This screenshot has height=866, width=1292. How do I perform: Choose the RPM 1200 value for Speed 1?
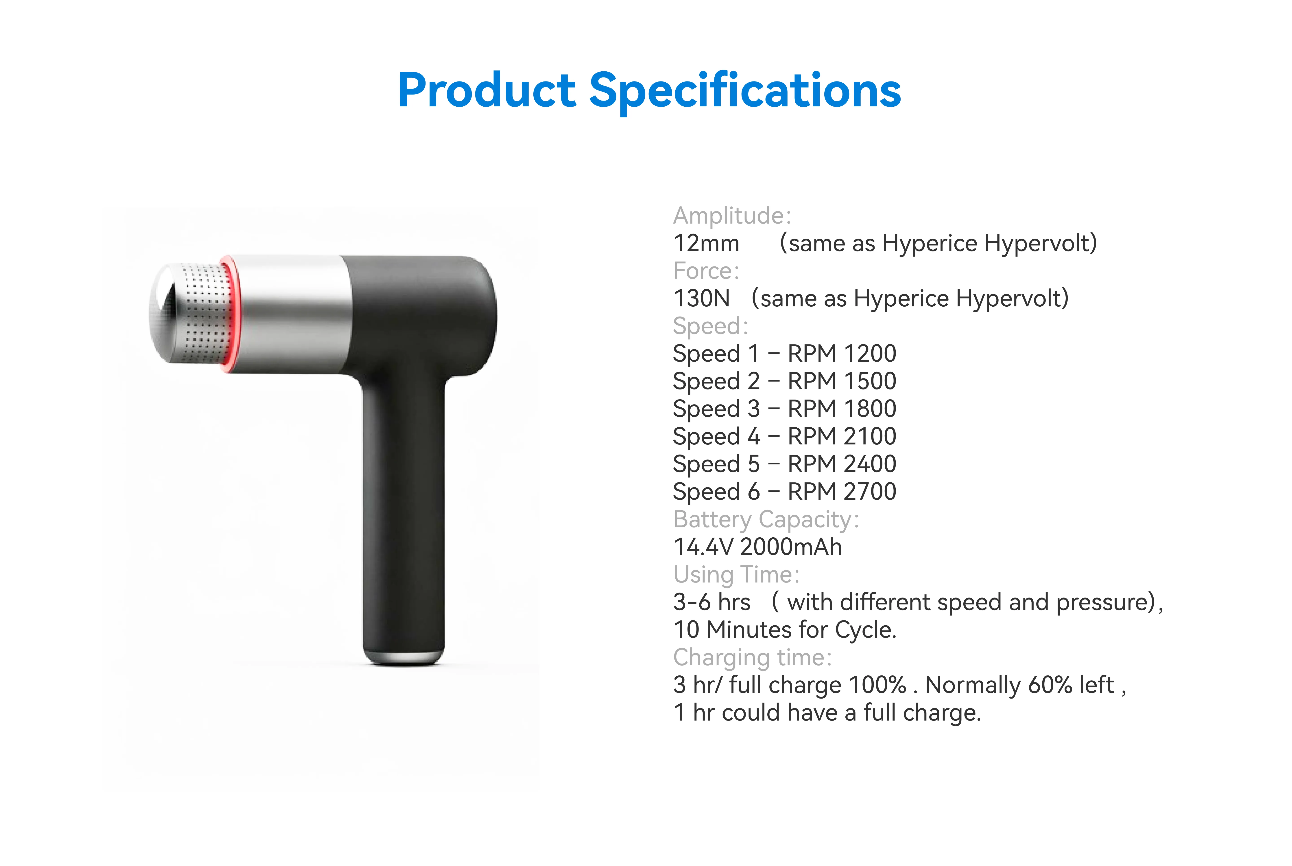pos(842,354)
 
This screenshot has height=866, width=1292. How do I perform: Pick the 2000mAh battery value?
pos(791,547)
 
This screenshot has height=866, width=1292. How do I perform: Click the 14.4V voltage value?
pos(704,547)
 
